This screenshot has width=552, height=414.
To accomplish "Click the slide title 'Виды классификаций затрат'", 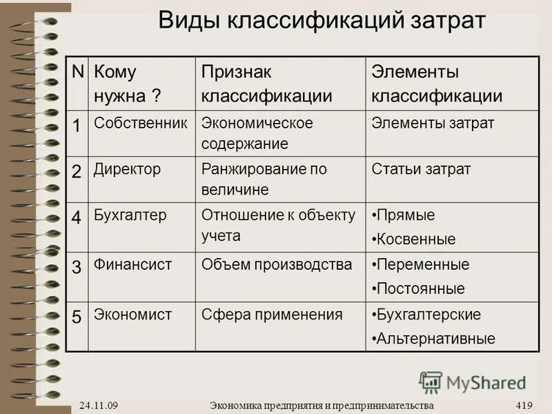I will (x=322, y=19).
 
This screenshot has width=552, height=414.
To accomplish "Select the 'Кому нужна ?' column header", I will (x=128, y=83).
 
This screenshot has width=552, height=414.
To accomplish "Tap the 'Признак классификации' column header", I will (x=266, y=83).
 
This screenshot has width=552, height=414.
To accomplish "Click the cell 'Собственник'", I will (x=141, y=124).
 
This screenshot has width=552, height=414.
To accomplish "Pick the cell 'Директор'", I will (x=127, y=169).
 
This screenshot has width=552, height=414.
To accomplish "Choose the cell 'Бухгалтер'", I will (x=130, y=215).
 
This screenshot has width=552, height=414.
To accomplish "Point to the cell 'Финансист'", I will (x=132, y=264).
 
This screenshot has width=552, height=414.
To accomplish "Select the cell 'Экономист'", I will (x=132, y=315).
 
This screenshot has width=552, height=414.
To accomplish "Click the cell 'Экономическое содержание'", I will (x=257, y=133).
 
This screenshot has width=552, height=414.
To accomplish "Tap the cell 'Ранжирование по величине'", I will (x=264, y=179).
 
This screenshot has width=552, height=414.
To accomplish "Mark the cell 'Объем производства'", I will (x=277, y=264).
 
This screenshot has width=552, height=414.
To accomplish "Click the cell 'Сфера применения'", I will (x=272, y=315).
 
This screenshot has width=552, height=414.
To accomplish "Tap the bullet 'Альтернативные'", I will (x=435, y=339).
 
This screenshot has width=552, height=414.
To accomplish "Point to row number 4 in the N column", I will (x=77, y=217).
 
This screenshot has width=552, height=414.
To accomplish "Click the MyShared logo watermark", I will (x=473, y=382).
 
